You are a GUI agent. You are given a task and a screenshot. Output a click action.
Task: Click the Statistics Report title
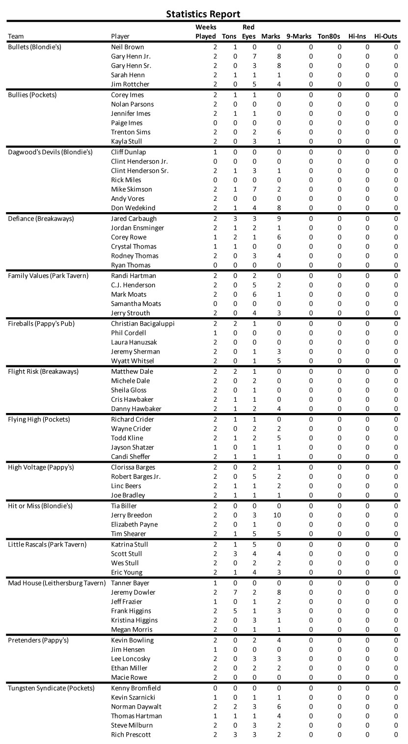pyautogui.click(x=203, y=14)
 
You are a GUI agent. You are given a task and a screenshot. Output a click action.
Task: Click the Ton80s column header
pyautogui.click(x=329, y=36)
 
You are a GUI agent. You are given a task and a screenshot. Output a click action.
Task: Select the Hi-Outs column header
pyautogui.click(x=385, y=36)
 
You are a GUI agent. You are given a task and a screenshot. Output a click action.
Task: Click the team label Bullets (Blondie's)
pyautogui.click(x=34, y=47)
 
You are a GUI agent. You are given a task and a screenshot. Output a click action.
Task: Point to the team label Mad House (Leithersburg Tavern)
pyautogui.click(x=57, y=583)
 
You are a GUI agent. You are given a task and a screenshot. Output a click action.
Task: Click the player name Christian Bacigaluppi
pyautogui.click(x=143, y=324)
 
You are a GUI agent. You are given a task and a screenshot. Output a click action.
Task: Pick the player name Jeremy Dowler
pyautogui.click(x=133, y=592)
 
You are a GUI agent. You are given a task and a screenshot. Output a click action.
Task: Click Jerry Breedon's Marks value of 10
pyautogui.click(x=277, y=515)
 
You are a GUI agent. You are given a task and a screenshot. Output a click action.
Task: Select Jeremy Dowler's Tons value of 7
pyautogui.click(x=235, y=592)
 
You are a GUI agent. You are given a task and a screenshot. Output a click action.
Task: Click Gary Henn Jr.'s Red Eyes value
pyautogui.click(x=254, y=56)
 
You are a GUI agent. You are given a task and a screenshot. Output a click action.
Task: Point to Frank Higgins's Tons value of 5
pyautogui.click(x=235, y=611)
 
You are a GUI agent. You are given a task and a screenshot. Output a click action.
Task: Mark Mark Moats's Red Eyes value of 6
pyautogui.click(x=254, y=294)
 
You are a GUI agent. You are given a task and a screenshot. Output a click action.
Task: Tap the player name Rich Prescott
pyautogui.click(x=131, y=735)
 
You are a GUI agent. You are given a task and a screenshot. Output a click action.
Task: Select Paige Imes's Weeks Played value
pyautogui.click(x=215, y=123)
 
